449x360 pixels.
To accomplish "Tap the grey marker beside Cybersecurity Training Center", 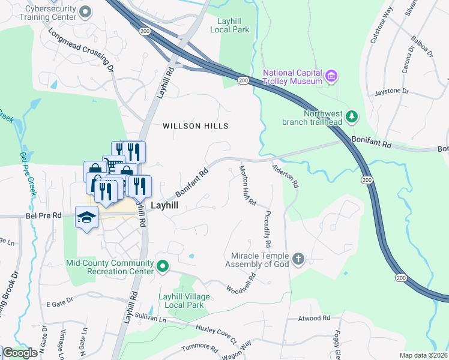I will (x=86, y=11).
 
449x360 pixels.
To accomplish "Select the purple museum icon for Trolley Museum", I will (x=331, y=76).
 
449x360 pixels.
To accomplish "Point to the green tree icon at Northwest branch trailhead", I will (x=353, y=115).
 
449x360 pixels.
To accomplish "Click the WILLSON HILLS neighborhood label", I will (x=196, y=126).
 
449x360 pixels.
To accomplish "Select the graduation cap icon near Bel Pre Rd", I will (x=86, y=216).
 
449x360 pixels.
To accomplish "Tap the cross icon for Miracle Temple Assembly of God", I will (x=298, y=260).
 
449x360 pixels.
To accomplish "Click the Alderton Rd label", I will (x=285, y=176).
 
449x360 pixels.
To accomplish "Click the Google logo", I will (x=20, y=353).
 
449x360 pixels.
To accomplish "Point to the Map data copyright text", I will (x=423, y=355).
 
